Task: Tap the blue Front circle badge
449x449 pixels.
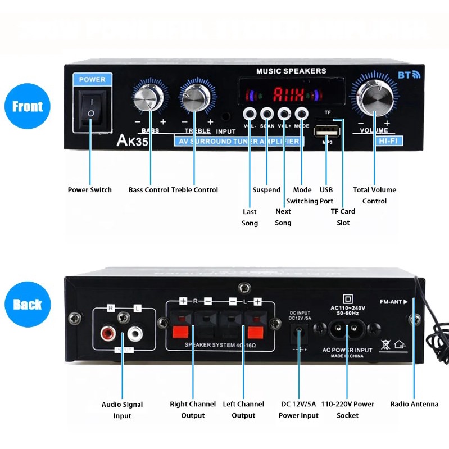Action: (x=27, y=106)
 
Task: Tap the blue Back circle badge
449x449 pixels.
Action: (x=27, y=304)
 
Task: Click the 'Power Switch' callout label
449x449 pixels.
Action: (x=90, y=190)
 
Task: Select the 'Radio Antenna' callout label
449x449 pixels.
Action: (x=414, y=404)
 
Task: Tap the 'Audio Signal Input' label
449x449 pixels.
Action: (x=122, y=410)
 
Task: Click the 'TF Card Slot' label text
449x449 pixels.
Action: (x=343, y=217)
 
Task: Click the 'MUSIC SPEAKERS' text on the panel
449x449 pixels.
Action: (x=291, y=71)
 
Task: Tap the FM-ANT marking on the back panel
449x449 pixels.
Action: (x=392, y=302)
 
